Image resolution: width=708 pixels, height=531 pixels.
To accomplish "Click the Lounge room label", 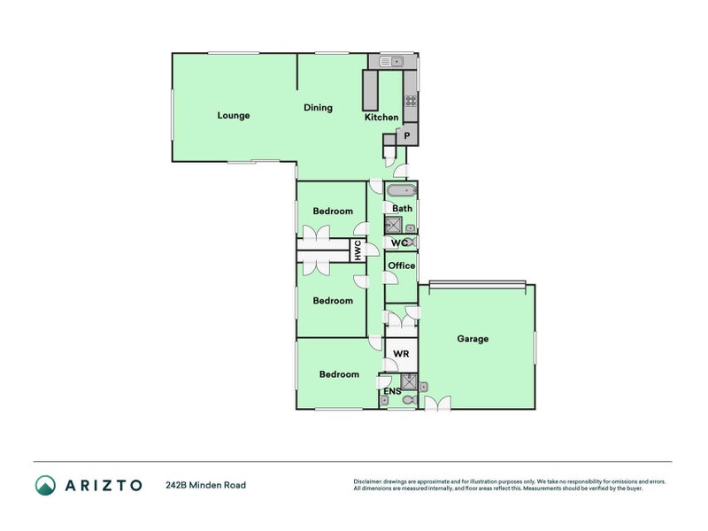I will tap(234, 115).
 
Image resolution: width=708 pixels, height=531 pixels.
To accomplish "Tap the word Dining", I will tap(318, 108).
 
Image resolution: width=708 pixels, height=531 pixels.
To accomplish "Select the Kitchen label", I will tap(381, 118).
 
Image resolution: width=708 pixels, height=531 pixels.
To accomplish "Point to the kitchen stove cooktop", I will tap(411, 101).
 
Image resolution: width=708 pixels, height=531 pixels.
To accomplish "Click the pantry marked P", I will tap(406, 135).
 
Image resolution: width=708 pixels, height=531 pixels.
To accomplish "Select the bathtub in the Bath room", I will tap(401, 190).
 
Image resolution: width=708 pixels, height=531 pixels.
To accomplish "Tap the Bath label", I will tap(402, 209).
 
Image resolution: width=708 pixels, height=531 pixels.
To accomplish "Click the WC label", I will tap(398, 242).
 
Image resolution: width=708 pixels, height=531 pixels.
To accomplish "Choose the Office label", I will tap(401, 265).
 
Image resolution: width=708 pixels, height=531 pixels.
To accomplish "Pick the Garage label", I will tap(473, 339).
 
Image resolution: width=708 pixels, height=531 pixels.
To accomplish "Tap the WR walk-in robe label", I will tap(400, 353).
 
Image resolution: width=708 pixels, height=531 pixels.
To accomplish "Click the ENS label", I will tap(391, 390).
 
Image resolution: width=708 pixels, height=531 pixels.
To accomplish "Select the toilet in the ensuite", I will tap(408, 401).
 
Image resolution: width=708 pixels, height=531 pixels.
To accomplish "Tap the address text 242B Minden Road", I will tap(205, 485).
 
